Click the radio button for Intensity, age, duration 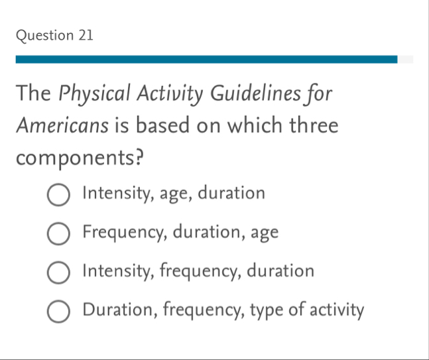58,195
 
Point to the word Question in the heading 42,36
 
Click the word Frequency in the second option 124,233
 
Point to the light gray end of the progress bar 405,60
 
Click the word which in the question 254,126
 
